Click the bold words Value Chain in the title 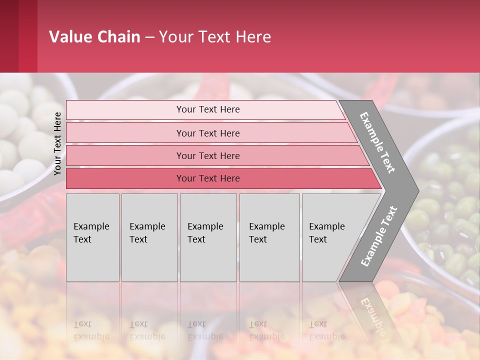[x=94, y=37]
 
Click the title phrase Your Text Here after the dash [x=215, y=37]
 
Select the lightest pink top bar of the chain [x=125, y=110]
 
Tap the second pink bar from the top [x=125, y=133]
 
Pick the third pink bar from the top [x=125, y=155]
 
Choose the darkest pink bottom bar [x=125, y=178]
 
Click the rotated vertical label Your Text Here [x=58, y=143]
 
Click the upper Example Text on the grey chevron [x=377, y=142]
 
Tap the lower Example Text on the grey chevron [x=379, y=236]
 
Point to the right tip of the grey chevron [x=417, y=190]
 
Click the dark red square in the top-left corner [x=18, y=36]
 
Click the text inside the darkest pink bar [x=208, y=178]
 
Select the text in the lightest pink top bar [x=208, y=109]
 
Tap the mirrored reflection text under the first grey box [x=91, y=330]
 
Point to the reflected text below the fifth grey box [x=327, y=330]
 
